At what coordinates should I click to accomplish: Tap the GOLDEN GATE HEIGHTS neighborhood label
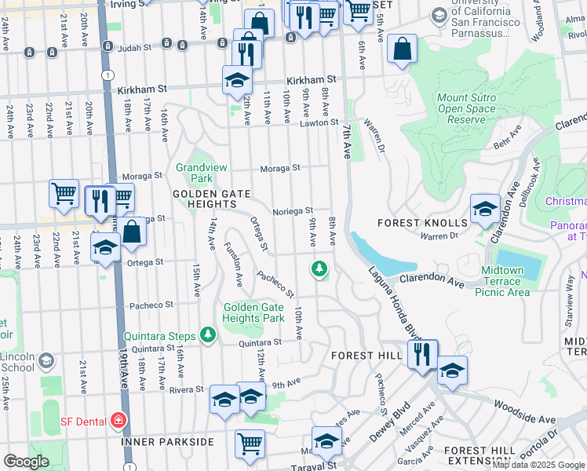pos(201,199)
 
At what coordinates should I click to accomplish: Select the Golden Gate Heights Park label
pos(253,312)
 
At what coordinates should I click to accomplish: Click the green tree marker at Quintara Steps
pos(207,335)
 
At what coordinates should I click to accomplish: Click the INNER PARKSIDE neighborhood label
pos(167,442)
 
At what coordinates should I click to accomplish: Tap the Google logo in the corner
pos(26,462)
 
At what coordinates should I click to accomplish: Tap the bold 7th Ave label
pos(345,142)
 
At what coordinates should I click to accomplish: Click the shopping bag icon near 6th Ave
pos(402,49)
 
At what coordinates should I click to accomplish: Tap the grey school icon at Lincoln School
pos(46,360)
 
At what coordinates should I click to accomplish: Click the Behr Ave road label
pos(507,142)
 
